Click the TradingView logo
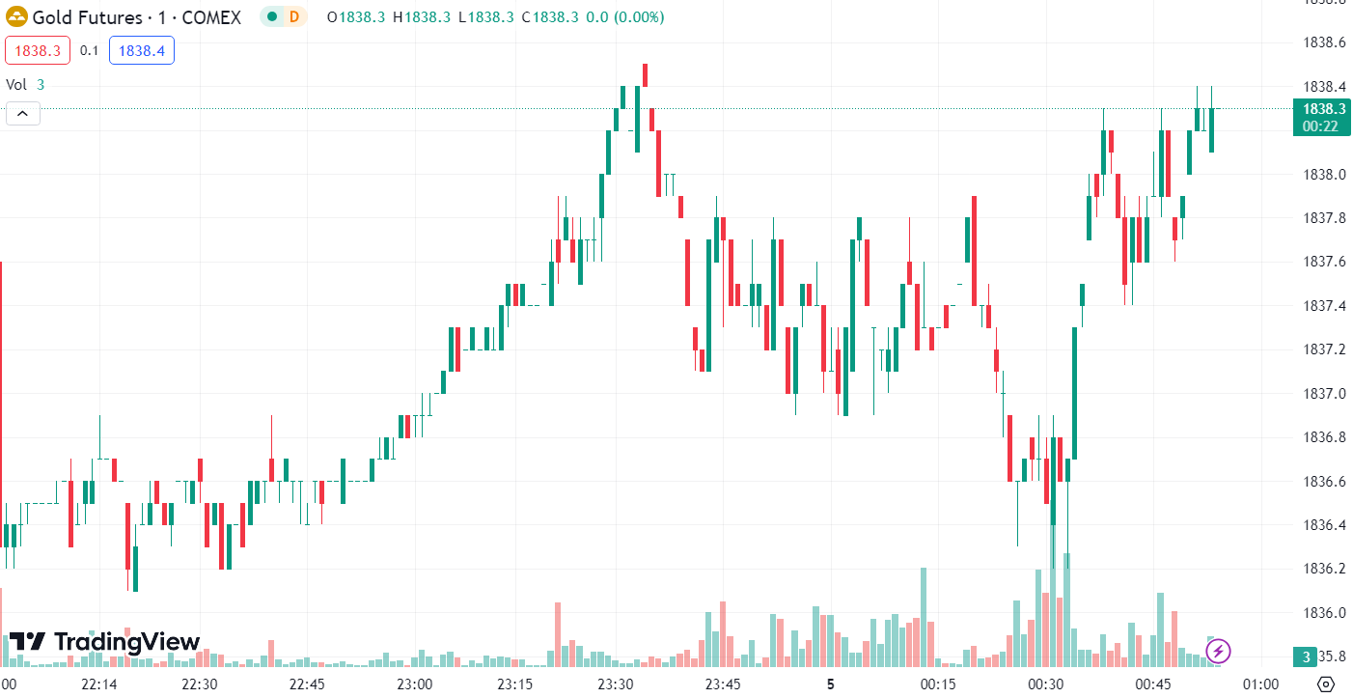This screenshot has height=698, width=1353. [104, 642]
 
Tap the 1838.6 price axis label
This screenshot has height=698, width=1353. [1323, 42]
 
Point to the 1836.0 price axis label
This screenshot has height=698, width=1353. [1323, 613]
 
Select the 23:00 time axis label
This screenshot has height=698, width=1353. [415, 684]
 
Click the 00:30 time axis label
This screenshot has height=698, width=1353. [1045, 684]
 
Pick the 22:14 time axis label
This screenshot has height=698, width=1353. [99, 684]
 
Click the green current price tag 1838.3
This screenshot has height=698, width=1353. [1322, 117]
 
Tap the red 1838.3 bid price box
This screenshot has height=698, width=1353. [37, 50]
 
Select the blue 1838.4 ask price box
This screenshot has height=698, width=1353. [141, 50]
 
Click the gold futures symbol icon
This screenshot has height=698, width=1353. [16, 17]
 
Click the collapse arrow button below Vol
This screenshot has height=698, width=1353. [22, 114]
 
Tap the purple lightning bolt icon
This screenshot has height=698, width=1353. [1218, 651]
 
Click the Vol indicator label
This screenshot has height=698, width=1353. [16, 84]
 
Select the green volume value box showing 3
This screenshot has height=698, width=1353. [1306, 657]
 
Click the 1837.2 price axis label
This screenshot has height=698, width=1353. [1323, 349]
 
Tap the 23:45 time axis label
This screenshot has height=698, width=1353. [723, 684]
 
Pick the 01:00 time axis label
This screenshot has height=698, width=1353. [1261, 684]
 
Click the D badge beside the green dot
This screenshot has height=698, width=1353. [293, 17]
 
